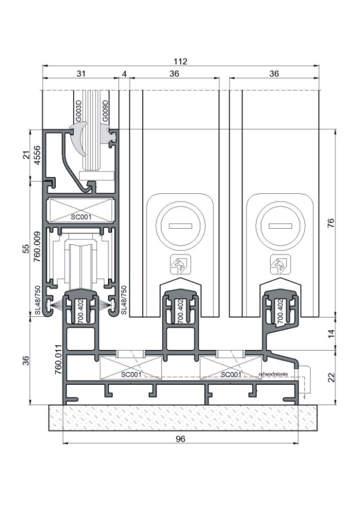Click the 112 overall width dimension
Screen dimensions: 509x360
point(181,61)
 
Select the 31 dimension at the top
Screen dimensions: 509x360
point(80,74)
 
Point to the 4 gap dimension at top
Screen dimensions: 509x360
point(124,74)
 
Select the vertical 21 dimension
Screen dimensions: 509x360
point(26,154)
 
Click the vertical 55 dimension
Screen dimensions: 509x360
point(26,248)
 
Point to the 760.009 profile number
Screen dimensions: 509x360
point(37,247)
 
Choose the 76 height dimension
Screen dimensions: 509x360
point(331,222)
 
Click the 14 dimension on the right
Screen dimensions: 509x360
point(331,331)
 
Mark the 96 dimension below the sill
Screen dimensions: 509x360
point(181,438)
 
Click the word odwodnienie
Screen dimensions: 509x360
point(274,374)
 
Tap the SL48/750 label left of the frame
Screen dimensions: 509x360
point(37,300)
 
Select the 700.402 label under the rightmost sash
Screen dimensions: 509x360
point(280,311)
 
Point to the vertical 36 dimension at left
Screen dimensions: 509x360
point(26,360)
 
